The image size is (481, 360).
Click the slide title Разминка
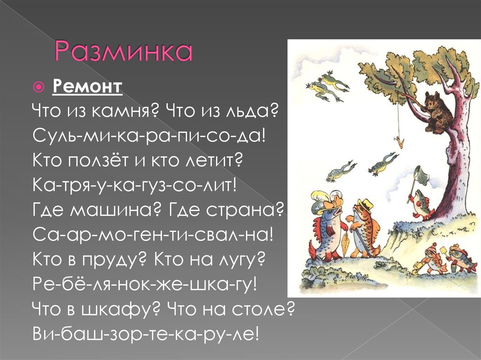[x=124, y=52]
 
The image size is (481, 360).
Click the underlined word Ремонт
[x=87, y=87]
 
